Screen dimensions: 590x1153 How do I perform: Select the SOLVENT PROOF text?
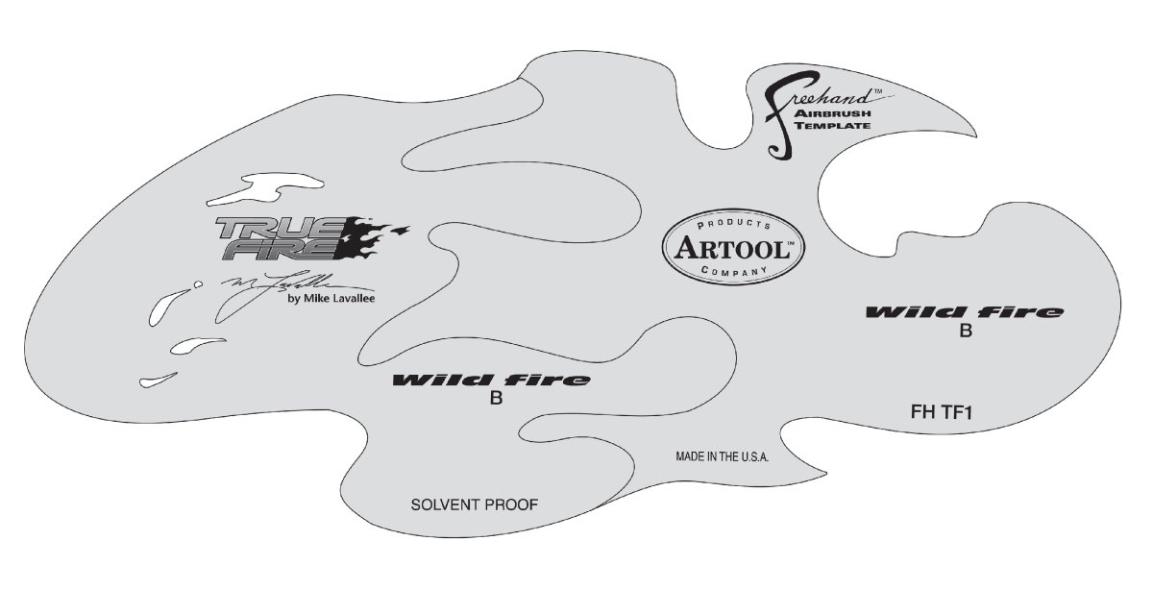pos(474,504)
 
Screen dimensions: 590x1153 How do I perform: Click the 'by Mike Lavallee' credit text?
pos(331,298)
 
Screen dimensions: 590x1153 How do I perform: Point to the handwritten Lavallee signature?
pos(279,284)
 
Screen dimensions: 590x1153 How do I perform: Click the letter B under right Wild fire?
pos(966,332)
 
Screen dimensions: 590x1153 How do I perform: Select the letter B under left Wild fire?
pos(496,400)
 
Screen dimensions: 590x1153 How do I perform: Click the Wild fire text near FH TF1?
pos(965,312)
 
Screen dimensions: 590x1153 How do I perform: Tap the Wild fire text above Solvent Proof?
pos(491,380)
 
